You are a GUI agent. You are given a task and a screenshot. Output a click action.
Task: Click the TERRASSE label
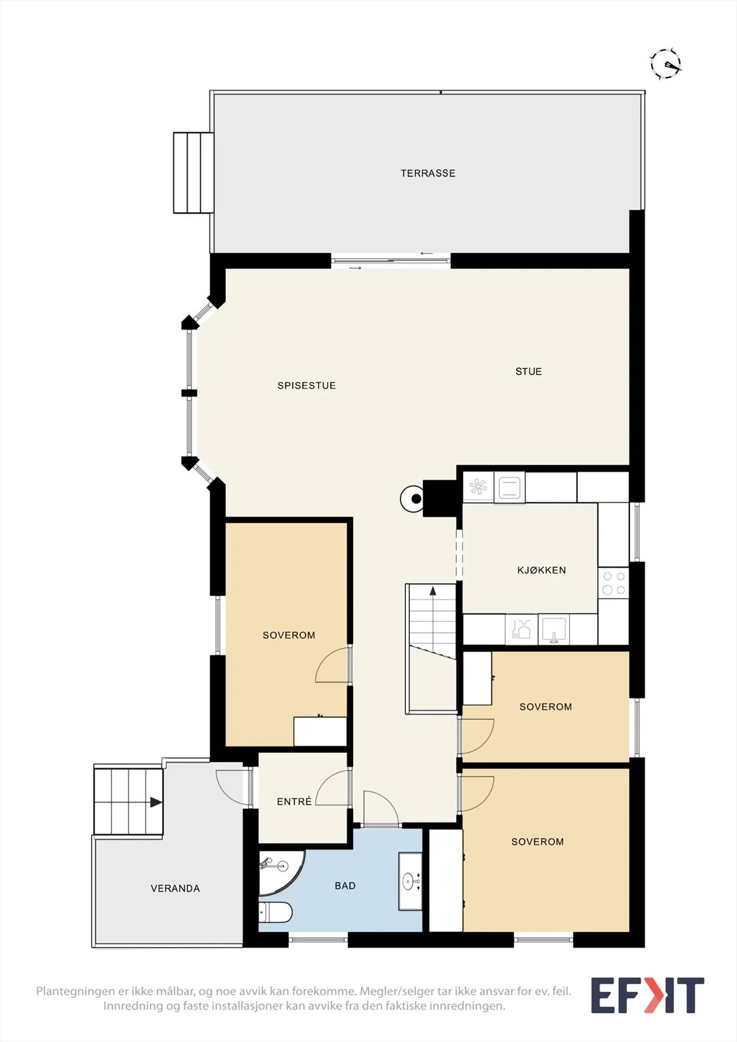(x=428, y=173)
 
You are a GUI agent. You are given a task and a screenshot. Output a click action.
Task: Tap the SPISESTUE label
(x=306, y=385)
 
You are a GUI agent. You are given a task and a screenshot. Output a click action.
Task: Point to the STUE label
(x=528, y=371)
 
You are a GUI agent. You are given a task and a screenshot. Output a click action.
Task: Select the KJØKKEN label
(x=542, y=570)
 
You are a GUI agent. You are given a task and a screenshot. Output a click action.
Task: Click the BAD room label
(x=345, y=886)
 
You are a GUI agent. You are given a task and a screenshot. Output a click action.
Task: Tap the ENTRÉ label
(x=295, y=801)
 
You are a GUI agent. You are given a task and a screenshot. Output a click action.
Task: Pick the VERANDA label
(x=175, y=888)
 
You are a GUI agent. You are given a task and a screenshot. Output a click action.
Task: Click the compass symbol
(x=666, y=63)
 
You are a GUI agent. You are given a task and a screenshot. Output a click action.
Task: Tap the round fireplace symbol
(x=412, y=499)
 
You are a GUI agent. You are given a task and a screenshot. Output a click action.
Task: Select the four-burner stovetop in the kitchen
(x=613, y=584)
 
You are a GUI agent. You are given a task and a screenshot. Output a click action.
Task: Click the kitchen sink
(x=554, y=629)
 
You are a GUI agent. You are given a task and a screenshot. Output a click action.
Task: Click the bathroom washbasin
(x=410, y=881)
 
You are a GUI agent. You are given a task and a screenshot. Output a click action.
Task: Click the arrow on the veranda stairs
(x=156, y=802)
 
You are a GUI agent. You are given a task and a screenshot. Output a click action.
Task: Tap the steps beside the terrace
(x=194, y=173)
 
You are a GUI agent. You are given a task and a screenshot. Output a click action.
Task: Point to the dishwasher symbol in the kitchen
(x=521, y=629)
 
